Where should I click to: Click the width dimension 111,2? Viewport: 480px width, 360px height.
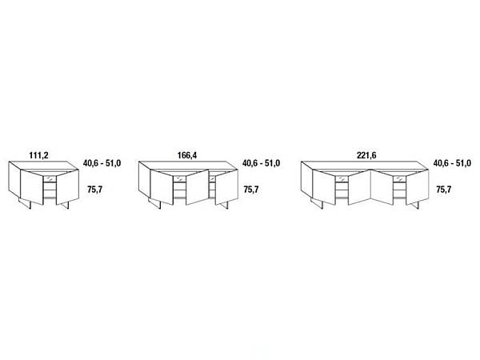tap(38, 155)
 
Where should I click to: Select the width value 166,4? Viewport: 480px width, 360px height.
tap(187, 155)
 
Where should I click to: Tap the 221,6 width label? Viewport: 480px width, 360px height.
tap(366, 155)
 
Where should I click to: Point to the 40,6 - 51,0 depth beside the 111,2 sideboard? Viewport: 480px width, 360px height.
tap(102, 163)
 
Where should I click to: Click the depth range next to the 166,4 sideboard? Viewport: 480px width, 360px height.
tap(261, 163)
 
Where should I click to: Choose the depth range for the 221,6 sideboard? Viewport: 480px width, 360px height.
tap(452, 163)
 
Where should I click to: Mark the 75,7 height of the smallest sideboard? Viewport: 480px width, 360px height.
tap(94, 190)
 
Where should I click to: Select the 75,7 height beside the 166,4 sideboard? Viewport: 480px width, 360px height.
tap(251, 190)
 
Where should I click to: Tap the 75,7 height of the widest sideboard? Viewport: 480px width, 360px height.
tap(443, 190)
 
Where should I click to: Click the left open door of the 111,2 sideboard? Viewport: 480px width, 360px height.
tap(32, 186)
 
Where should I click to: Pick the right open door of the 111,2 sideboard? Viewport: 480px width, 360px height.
tap(67, 186)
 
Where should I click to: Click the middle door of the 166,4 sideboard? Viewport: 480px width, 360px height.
tap(197, 186)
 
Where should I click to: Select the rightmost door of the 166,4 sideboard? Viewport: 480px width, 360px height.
tap(227, 186)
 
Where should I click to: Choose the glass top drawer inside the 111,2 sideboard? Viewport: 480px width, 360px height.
tap(50, 178)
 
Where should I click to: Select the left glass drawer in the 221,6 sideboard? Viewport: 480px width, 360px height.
tap(342, 178)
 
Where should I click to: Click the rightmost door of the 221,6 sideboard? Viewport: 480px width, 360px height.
tap(418, 186)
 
